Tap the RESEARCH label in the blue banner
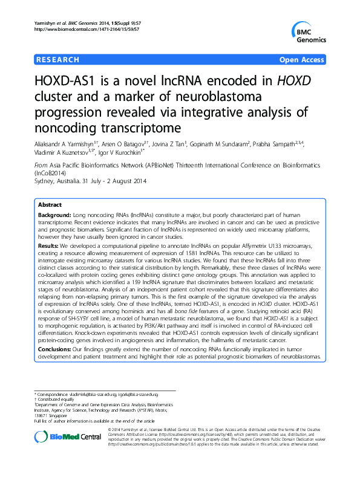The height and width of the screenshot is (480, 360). pos(57,60)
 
